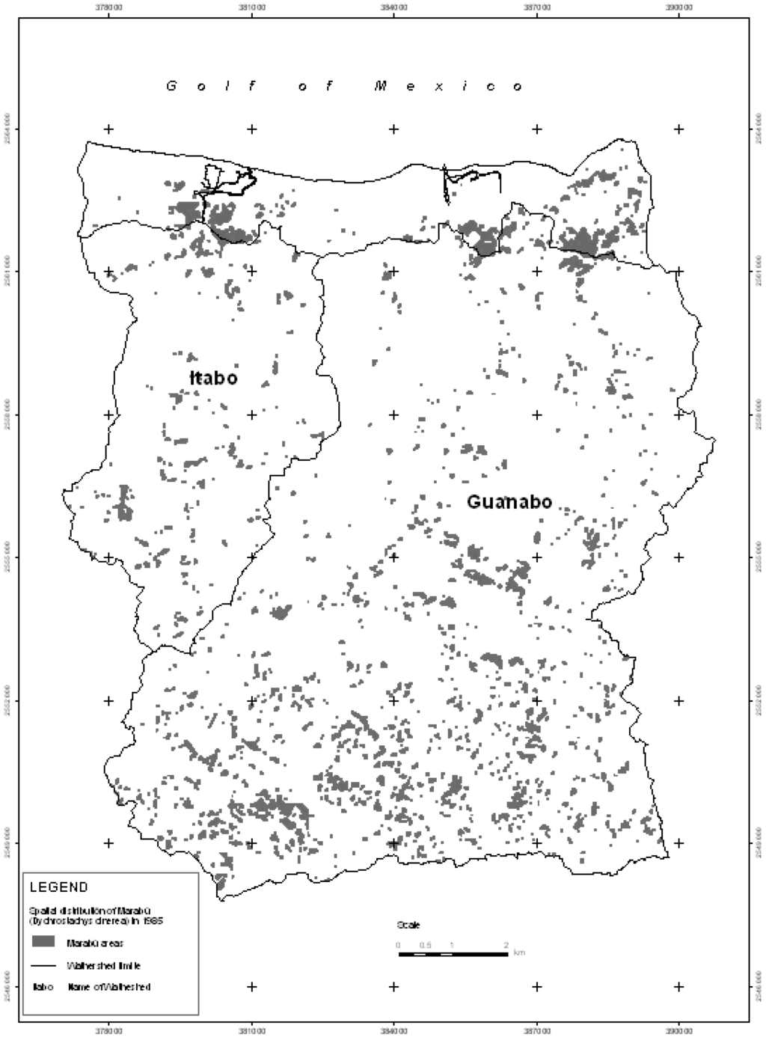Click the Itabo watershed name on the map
coord(213,378)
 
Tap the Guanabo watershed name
coord(509,501)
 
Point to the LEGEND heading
coord(58,887)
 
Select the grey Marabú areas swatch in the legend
coord(43,940)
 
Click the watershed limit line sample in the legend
coord(43,966)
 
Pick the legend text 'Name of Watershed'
coord(109,987)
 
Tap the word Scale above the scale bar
coord(408,926)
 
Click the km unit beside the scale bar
coord(519,952)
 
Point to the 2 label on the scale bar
coord(506,944)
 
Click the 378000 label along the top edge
coord(109,7)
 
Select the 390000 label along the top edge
coord(678,7)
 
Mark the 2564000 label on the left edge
coord(7,129)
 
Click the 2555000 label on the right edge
coord(759,557)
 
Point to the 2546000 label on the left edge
coord(7,986)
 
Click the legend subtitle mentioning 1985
coord(96,916)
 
